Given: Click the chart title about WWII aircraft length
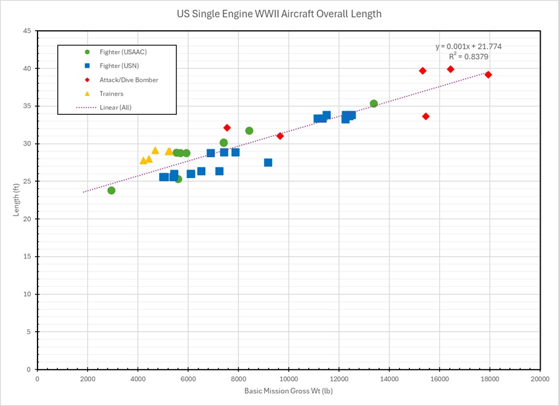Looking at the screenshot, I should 279,13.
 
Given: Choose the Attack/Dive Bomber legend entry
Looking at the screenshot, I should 128,80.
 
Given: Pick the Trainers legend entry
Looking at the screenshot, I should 111,93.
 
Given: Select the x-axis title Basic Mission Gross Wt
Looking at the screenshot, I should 289,391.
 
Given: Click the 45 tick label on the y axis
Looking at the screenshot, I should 27,31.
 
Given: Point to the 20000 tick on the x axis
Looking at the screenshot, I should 540,378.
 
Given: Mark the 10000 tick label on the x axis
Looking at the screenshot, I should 289,378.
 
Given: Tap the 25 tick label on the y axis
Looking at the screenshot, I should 27,181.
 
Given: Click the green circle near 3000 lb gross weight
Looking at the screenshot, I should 111,190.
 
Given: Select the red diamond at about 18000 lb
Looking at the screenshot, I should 488,75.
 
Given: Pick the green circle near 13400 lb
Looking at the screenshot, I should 373,104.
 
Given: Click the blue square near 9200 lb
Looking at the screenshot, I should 268,163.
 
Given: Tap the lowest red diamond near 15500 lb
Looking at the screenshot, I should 426,116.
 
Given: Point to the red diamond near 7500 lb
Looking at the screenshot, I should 227,128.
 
